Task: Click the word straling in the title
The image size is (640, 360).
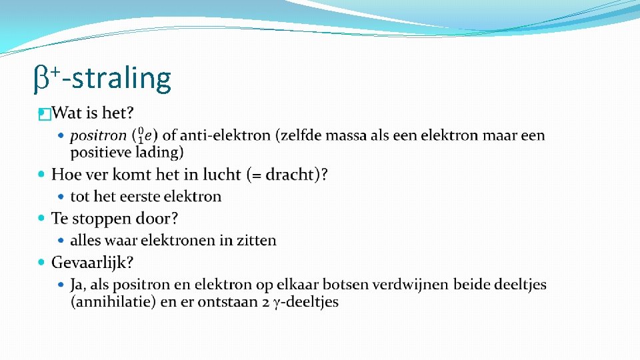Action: (x=121, y=78)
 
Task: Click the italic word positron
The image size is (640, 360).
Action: (x=98, y=136)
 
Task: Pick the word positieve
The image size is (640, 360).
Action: (x=102, y=153)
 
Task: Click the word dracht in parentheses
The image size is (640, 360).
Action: (x=290, y=175)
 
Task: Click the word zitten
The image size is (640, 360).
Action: (x=255, y=240)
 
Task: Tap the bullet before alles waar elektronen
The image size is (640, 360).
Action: (x=62, y=240)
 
